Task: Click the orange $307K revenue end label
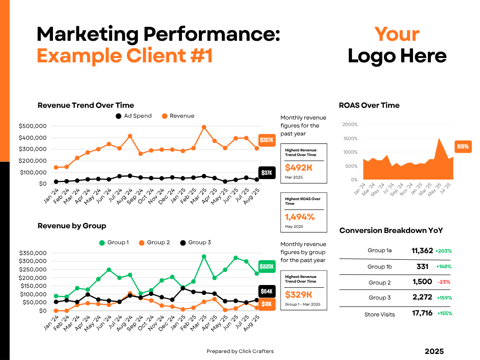[x=266, y=140]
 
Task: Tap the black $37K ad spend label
[x=266, y=173]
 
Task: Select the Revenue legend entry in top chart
[x=178, y=116]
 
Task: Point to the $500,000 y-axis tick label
[x=32, y=126]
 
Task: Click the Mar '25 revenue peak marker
[x=204, y=127]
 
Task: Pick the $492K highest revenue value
[x=299, y=168]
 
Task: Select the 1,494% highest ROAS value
[x=300, y=217]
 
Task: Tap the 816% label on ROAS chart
[x=463, y=147]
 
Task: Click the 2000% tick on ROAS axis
[x=350, y=125]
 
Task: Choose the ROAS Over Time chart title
[x=369, y=105]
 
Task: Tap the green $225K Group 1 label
[x=266, y=266]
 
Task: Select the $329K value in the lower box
[x=299, y=294]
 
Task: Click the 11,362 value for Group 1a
[x=422, y=251]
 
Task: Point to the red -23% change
[x=443, y=282]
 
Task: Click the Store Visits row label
[x=380, y=315]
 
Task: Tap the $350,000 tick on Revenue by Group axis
[x=32, y=253]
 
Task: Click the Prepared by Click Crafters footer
[x=240, y=351]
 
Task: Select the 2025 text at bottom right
[x=434, y=352]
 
